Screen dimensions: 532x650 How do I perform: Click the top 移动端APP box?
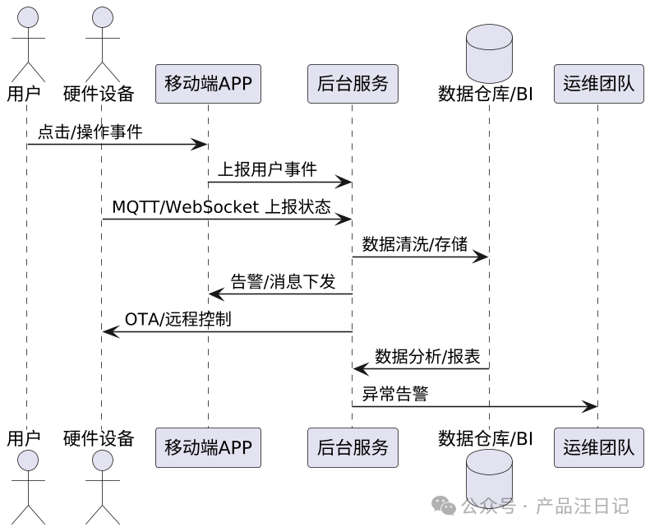(208, 84)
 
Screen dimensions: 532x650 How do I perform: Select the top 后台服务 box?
(353, 84)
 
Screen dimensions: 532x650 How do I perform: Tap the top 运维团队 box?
(598, 84)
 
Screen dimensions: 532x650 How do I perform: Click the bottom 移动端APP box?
(208, 447)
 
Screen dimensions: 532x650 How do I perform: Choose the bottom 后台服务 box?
(353, 447)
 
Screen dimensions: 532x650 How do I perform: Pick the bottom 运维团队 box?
(598, 447)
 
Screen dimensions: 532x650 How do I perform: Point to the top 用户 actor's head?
(27, 18)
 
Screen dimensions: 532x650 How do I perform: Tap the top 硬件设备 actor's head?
(102, 18)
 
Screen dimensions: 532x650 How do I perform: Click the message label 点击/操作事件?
(90, 132)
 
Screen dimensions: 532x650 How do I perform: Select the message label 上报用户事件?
(267, 169)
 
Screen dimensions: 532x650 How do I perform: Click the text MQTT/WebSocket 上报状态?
(221, 207)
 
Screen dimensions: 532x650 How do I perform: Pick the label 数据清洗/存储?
(415, 244)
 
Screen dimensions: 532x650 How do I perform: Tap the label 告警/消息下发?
(284, 282)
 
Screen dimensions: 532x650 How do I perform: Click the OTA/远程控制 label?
(177, 319)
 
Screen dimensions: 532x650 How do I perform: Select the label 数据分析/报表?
(428, 357)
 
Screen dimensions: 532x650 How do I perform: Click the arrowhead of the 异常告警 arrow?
(590, 407)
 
